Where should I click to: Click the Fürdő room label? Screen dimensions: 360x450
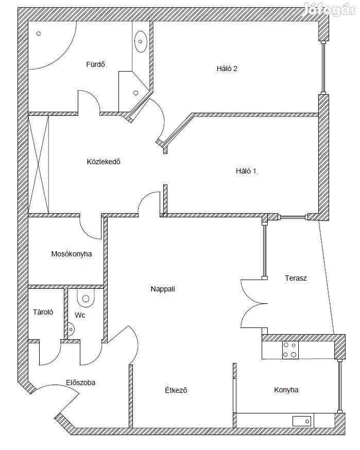click(96, 64)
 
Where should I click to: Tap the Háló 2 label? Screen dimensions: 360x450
click(227, 68)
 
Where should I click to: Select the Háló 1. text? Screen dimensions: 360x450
click(247, 171)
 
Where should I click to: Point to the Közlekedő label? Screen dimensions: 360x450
click(104, 162)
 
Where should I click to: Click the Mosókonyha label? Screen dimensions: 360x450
click(72, 254)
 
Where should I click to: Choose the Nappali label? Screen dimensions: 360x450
click(163, 289)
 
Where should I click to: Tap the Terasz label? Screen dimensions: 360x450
click(296, 278)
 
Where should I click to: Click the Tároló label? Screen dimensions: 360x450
click(43, 312)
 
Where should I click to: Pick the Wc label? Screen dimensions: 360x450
click(80, 315)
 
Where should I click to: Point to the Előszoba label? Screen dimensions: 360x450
click(80, 383)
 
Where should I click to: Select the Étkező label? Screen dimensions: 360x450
click(176, 390)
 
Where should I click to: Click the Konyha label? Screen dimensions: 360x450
click(286, 390)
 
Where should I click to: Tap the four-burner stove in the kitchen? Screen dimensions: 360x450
click(290, 350)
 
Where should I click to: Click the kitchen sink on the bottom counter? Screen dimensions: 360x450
click(302, 421)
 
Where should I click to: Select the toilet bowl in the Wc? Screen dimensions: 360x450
click(86, 298)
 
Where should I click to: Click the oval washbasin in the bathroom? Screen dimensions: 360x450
click(141, 41)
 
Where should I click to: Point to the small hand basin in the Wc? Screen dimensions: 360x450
click(71, 330)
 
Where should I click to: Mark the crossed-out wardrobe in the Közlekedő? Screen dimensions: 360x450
click(39, 164)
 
